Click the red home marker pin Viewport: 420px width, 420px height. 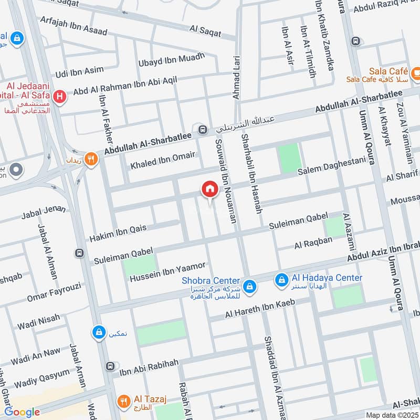point(209,189)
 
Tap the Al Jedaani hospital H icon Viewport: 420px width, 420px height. point(61,96)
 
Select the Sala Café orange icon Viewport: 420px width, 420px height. point(415,71)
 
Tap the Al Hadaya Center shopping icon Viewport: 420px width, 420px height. point(282,281)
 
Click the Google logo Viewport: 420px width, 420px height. point(22,412)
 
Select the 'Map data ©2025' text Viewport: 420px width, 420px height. point(391,415)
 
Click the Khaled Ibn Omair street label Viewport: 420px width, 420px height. point(163,159)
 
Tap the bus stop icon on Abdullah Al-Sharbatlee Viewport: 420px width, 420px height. point(202,129)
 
